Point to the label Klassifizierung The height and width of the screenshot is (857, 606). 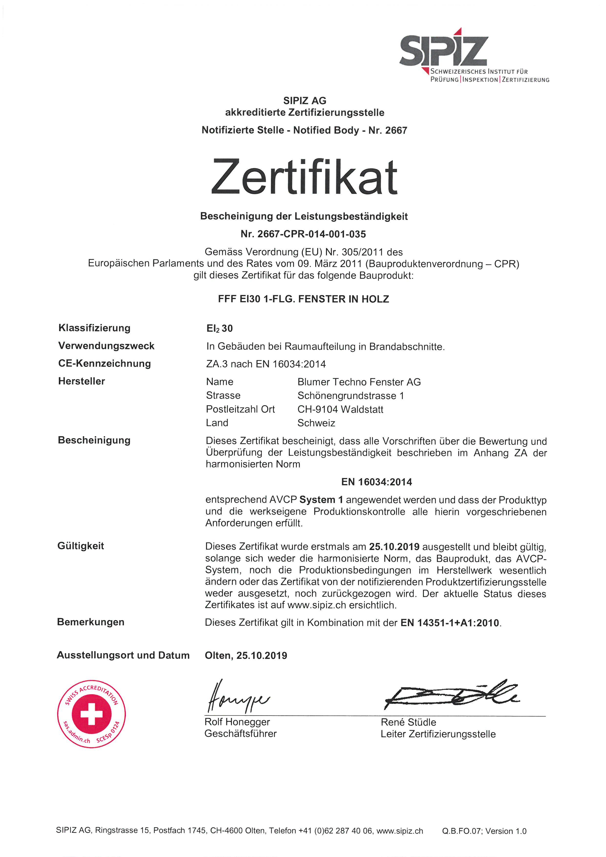pos(94,328)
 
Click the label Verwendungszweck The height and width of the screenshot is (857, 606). pos(106,346)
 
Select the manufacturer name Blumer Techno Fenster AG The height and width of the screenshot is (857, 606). pos(359,382)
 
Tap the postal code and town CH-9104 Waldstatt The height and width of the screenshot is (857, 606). pos(340,410)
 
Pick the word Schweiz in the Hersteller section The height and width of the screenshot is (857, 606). pos(316,423)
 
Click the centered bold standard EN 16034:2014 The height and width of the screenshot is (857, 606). pos(377,482)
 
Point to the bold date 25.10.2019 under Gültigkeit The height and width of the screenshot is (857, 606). pos(394,547)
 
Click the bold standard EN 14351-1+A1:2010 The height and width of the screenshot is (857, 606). pos(450,623)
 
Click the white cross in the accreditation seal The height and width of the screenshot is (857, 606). pos(91,714)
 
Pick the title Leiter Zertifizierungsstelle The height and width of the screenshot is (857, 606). pos(438,734)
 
